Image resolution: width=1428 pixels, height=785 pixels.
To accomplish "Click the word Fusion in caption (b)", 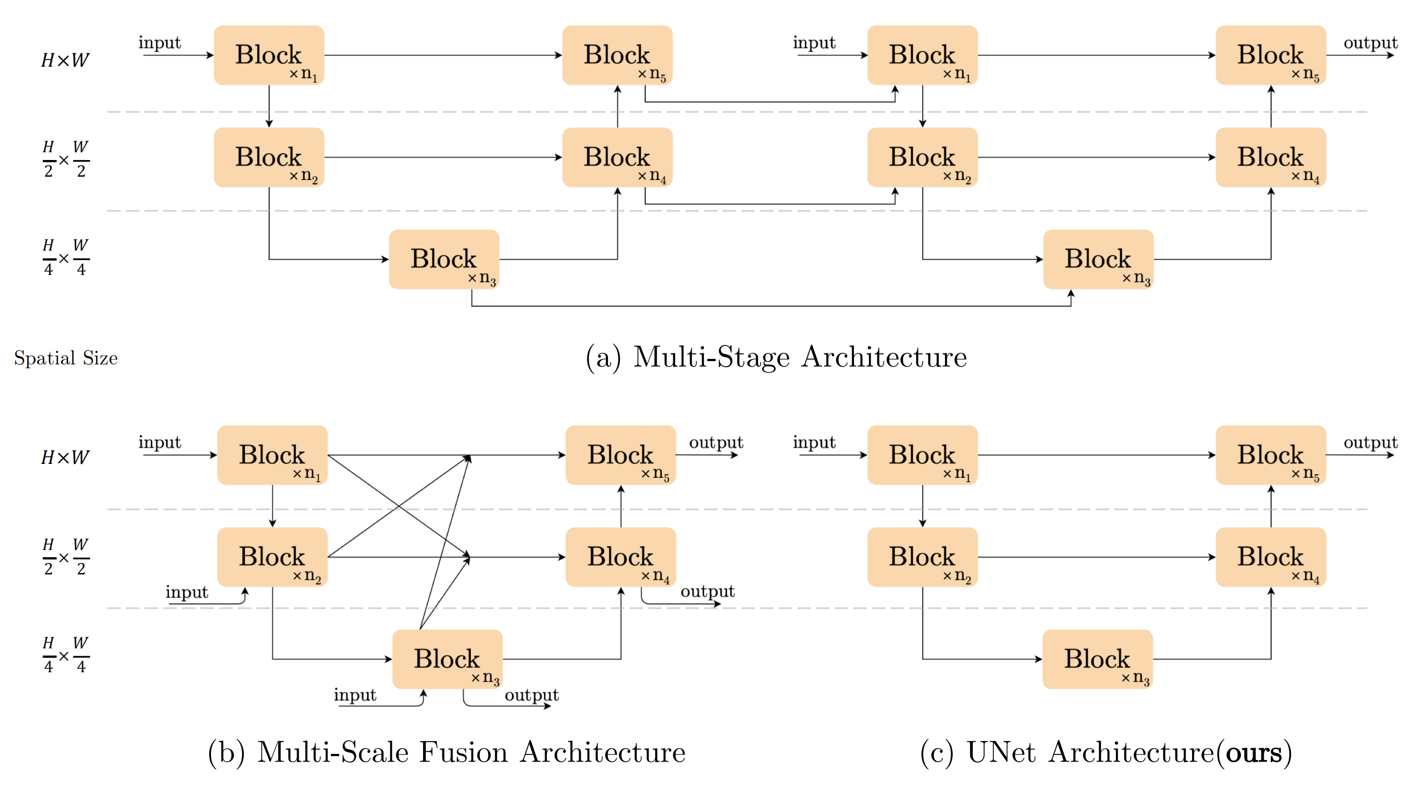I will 464,752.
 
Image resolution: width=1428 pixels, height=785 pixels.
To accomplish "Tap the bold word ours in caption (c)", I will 1254,752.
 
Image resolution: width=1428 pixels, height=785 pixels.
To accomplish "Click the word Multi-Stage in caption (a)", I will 711,357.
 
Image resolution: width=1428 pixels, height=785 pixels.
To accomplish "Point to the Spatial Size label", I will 66,358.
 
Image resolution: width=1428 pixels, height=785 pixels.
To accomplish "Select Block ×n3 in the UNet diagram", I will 1097,659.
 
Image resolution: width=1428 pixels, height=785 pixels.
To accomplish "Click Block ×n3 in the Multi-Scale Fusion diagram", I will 447,659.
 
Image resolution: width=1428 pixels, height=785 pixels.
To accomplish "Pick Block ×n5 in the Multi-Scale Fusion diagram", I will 620,455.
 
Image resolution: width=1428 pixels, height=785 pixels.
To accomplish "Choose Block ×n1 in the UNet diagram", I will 922,455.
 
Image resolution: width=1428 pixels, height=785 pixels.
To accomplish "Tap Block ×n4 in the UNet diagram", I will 1270,557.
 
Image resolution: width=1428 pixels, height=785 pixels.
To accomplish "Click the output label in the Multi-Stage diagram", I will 1370,43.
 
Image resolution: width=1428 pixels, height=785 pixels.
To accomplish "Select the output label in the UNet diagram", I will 1370,442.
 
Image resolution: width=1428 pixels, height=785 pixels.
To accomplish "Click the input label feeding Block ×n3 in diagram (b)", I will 355,695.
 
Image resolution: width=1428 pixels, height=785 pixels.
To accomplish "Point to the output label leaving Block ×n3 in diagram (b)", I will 531,695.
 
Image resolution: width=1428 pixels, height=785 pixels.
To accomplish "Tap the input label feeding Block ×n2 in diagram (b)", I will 187,592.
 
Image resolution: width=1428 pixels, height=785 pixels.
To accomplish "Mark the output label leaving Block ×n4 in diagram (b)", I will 707,591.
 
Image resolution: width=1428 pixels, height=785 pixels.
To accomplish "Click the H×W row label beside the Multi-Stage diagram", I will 65,60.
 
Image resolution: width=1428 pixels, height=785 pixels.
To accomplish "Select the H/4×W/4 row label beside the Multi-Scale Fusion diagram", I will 66,654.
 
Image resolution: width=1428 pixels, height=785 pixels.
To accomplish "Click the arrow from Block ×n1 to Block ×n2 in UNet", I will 922,506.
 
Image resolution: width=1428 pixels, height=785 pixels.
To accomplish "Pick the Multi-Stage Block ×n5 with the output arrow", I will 1270,55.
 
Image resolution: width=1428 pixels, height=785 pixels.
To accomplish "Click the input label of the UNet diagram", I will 814,442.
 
